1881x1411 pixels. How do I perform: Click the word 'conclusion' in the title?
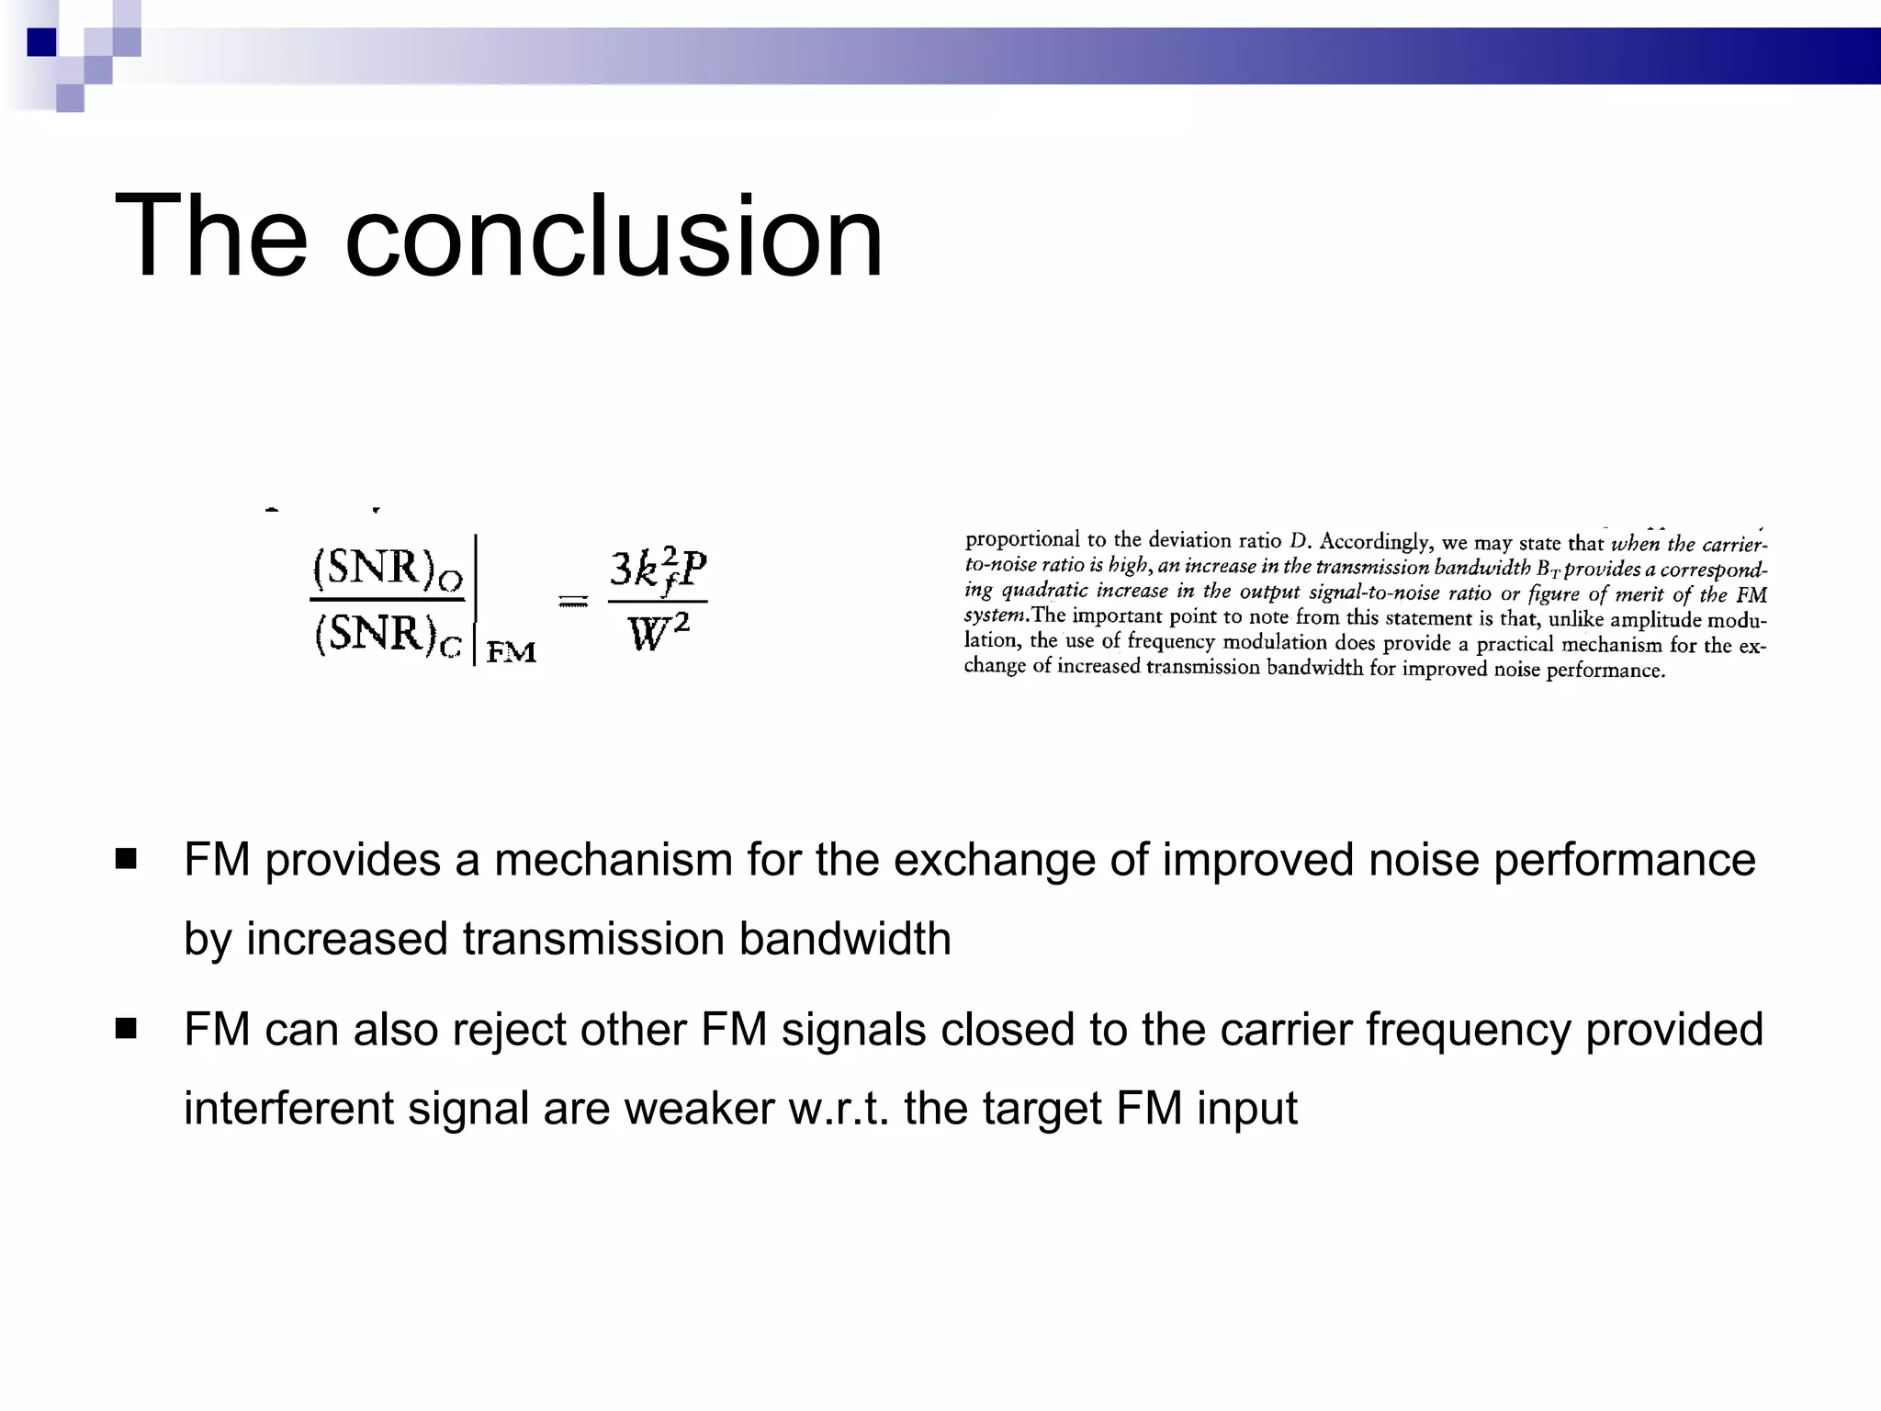(x=614, y=237)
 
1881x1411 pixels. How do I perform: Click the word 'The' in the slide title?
(x=210, y=237)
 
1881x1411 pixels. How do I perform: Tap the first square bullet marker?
(x=126, y=860)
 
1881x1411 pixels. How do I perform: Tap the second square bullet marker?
(x=126, y=1029)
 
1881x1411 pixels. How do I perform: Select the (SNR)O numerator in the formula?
(x=388, y=569)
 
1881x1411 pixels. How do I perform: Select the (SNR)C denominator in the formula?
(x=388, y=634)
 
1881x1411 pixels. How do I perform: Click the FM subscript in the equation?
(x=512, y=652)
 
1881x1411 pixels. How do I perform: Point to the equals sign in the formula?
(x=574, y=603)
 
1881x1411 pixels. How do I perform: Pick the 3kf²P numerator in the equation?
(x=659, y=570)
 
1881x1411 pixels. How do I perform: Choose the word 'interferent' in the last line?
(x=288, y=1108)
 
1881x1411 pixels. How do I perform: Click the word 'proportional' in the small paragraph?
(x=1022, y=539)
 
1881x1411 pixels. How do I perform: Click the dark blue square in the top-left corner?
(x=41, y=42)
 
